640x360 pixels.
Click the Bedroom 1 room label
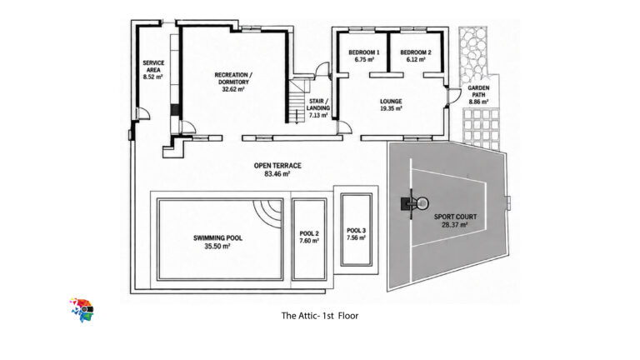(x=363, y=52)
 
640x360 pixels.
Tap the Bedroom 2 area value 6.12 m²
(x=416, y=60)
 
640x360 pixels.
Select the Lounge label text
(x=391, y=101)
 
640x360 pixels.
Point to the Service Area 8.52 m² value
(x=153, y=77)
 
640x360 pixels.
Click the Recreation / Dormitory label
(x=233, y=78)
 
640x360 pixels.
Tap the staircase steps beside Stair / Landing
(x=297, y=101)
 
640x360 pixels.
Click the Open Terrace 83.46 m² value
(x=277, y=173)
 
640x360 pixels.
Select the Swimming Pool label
(x=217, y=238)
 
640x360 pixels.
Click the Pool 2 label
(x=309, y=233)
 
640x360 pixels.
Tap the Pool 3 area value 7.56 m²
(x=356, y=238)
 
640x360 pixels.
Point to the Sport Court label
(x=455, y=217)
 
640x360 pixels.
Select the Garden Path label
(x=478, y=92)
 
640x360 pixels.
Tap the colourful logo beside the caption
(x=82, y=310)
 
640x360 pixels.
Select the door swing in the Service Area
(x=143, y=113)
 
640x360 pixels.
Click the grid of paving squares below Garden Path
(x=481, y=127)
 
